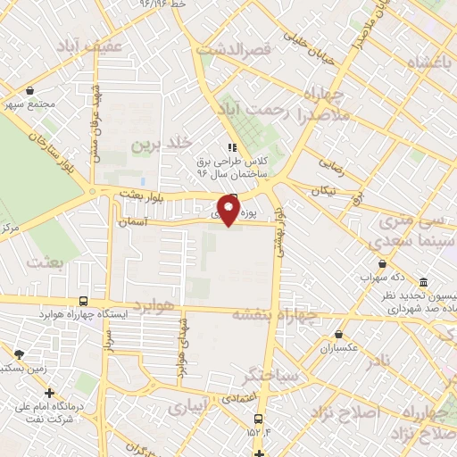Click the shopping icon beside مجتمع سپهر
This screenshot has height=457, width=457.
pos(31,91)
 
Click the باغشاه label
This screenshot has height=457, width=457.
pos(425,63)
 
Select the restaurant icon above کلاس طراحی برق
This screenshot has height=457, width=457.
pos(233,147)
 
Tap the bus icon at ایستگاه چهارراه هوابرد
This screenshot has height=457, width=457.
pos(83,302)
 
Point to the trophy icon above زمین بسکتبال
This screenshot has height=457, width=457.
pos(19,354)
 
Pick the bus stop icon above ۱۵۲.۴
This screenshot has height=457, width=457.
pos(258,418)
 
